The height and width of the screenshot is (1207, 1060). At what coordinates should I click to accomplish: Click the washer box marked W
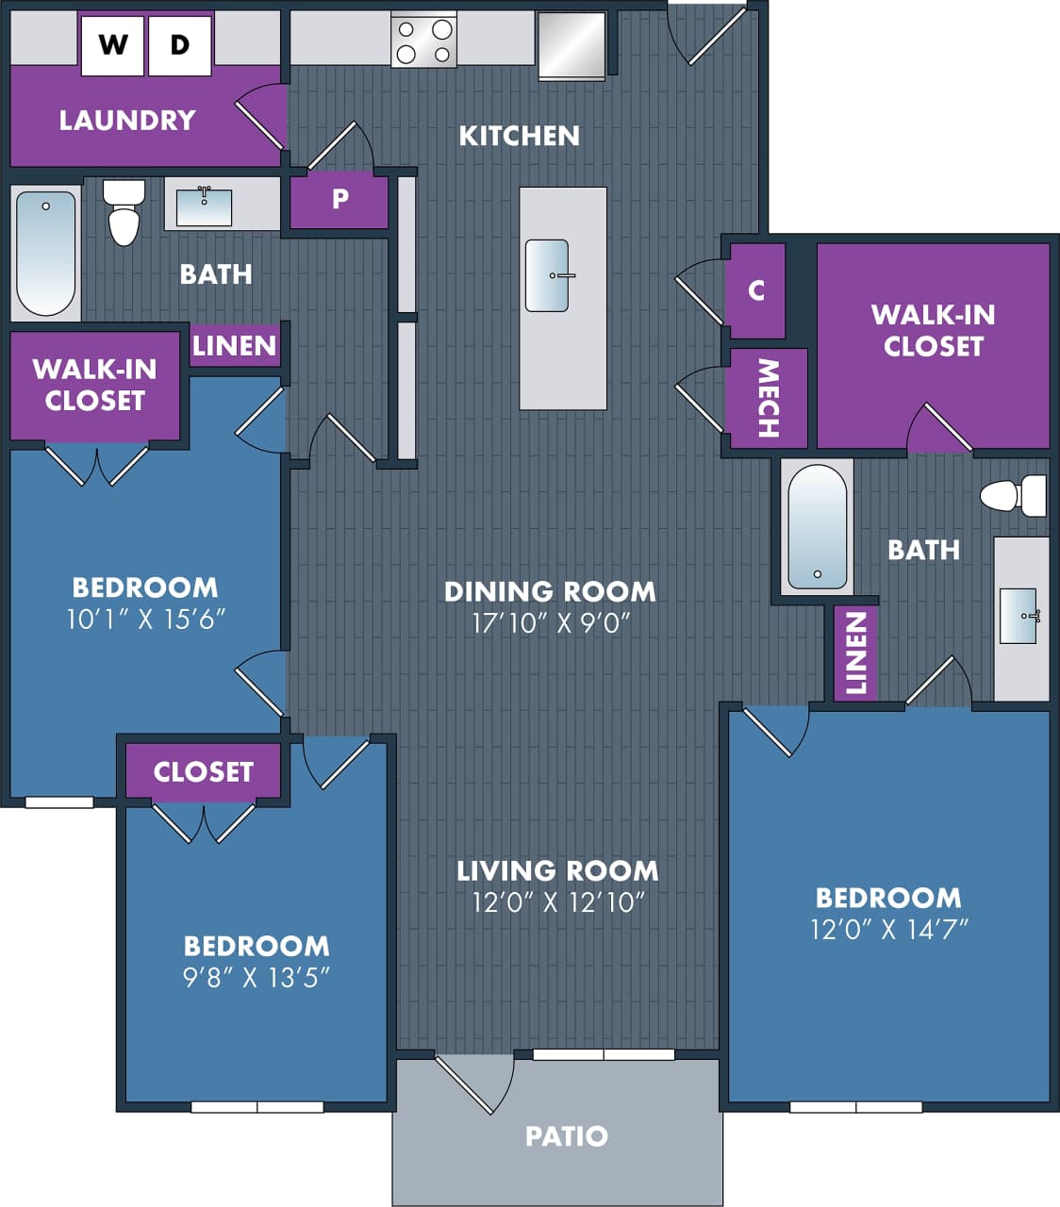[112, 44]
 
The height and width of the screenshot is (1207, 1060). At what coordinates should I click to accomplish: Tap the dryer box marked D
[179, 44]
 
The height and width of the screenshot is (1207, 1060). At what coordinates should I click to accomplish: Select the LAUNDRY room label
[127, 120]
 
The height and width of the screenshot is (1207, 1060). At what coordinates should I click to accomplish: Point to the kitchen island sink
[548, 275]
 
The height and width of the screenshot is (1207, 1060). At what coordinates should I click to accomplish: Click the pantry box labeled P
[340, 200]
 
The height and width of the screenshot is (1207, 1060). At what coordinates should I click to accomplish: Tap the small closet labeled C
[756, 289]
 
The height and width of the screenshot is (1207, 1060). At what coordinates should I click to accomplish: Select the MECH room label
[769, 398]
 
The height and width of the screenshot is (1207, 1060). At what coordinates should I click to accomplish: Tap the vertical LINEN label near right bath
[855, 653]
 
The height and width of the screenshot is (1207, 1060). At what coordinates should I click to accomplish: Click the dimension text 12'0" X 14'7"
[888, 930]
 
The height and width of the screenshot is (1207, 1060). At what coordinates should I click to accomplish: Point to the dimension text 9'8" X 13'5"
[256, 977]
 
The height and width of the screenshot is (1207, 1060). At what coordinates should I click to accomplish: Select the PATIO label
[566, 1135]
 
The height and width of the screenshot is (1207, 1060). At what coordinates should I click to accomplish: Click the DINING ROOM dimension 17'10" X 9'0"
[551, 622]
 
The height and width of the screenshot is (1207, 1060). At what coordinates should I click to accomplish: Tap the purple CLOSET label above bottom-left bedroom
[204, 771]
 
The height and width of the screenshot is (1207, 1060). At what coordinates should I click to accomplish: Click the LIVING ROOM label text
[557, 870]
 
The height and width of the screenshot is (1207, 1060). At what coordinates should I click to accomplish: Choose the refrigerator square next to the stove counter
[571, 45]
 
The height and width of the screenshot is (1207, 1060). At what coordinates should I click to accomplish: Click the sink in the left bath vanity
[204, 207]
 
